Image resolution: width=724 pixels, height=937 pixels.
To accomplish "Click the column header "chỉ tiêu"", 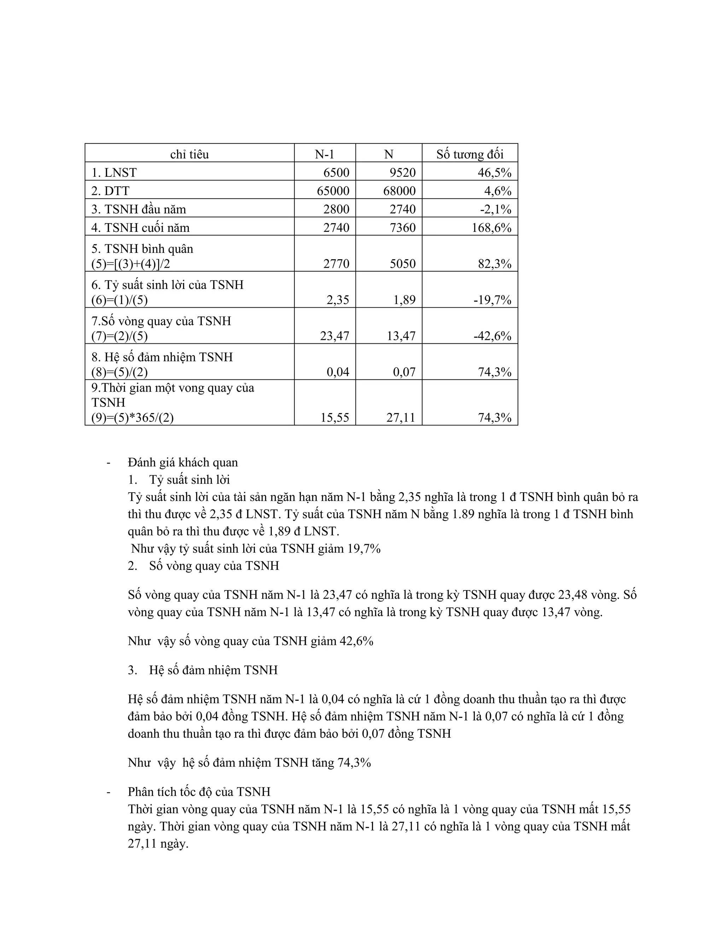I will (x=189, y=154).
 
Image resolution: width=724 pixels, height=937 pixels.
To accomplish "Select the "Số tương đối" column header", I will (x=470, y=154).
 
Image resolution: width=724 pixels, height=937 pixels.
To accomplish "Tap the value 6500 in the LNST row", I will (x=336, y=173).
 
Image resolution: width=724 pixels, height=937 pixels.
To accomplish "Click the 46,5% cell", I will (x=495, y=173).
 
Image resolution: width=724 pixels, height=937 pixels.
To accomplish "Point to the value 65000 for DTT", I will (x=333, y=191).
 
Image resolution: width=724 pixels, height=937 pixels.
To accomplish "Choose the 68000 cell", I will (x=399, y=191).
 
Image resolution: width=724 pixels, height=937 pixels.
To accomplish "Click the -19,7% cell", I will (x=492, y=300).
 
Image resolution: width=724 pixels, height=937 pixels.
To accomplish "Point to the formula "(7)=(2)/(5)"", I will (x=119, y=336).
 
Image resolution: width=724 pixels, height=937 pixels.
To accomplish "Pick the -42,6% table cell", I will (x=492, y=336).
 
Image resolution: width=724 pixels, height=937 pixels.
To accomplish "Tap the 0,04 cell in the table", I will (x=338, y=372).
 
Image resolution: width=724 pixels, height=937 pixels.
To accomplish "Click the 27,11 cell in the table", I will (x=401, y=418).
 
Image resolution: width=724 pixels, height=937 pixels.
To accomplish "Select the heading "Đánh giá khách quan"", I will (x=183, y=462).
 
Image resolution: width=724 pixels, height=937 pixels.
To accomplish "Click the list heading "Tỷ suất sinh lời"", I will (x=189, y=480).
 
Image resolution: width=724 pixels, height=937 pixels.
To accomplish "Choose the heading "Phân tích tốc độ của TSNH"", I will (x=199, y=792).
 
